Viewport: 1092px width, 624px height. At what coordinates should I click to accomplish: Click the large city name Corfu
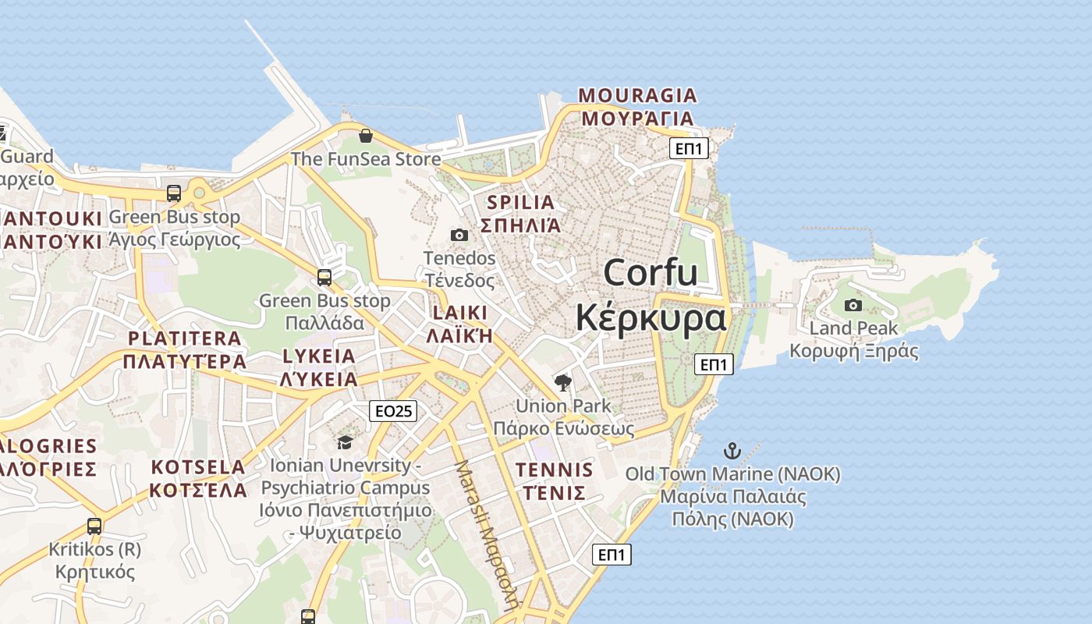tap(651, 273)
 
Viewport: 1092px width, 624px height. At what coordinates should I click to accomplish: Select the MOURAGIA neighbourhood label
tap(637, 96)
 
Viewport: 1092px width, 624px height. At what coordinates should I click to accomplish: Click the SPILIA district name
tap(520, 203)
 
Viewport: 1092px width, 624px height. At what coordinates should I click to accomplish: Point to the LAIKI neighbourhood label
tap(459, 314)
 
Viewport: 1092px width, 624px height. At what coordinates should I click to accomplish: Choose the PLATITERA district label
tap(185, 339)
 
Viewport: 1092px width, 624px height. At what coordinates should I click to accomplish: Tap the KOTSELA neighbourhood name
tap(198, 467)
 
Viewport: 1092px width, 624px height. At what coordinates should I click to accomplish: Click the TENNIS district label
tap(554, 470)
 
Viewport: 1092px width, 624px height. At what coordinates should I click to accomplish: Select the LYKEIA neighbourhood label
tap(319, 356)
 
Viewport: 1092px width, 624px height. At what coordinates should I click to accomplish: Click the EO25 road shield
tap(393, 411)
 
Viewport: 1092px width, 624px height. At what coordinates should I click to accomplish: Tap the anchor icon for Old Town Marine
tap(732, 450)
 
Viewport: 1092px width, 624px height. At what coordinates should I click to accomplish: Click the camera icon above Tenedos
tap(459, 235)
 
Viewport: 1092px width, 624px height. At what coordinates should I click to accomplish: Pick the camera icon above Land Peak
tap(853, 305)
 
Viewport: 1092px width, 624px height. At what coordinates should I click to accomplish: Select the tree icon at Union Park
tap(562, 382)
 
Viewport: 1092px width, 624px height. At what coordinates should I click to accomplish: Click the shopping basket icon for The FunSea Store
tap(365, 136)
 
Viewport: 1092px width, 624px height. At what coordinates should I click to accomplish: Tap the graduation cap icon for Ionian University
tap(344, 443)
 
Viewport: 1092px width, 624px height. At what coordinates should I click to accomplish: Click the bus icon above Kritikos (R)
tap(94, 526)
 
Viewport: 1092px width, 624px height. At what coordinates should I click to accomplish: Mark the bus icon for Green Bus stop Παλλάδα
tap(324, 277)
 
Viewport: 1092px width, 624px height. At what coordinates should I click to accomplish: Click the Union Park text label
tap(563, 406)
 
